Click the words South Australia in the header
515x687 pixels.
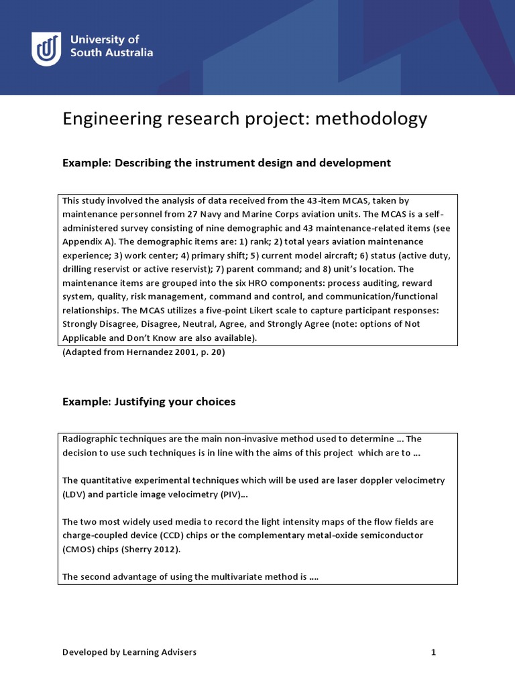[111, 52]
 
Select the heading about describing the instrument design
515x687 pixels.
[227, 162]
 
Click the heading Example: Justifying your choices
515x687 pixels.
[149, 402]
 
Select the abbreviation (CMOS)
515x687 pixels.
[78, 549]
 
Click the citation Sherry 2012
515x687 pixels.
[156, 549]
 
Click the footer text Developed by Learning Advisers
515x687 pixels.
[129, 651]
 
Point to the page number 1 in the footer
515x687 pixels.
[433, 651]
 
